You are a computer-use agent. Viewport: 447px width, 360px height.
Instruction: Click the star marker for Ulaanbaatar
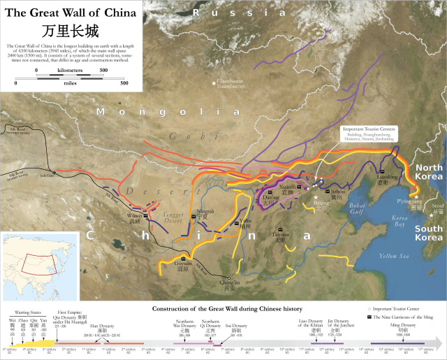(215, 84)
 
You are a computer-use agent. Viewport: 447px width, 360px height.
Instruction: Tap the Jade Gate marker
(55, 173)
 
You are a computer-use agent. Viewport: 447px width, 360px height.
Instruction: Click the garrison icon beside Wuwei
(146, 214)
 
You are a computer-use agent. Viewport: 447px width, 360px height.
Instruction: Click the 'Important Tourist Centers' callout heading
(368, 129)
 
